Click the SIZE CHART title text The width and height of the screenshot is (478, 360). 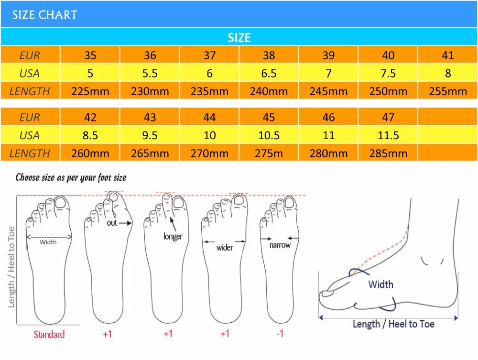(44, 15)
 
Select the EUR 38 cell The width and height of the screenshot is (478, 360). (269, 55)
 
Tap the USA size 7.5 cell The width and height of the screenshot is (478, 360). (388, 74)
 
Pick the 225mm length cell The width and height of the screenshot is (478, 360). (90, 91)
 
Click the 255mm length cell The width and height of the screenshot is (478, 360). (448, 91)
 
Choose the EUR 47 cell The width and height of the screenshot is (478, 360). (388, 118)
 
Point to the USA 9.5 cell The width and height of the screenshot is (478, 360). (150, 136)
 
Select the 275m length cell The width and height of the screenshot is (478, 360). (269, 153)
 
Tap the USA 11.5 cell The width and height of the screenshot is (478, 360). (388, 136)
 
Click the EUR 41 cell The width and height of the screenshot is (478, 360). (448, 55)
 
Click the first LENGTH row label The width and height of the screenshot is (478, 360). (30, 91)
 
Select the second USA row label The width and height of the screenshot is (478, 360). (30, 136)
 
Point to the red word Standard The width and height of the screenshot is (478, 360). (49, 334)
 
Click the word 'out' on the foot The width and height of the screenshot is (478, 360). (111, 223)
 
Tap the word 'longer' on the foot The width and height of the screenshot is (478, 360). (173, 236)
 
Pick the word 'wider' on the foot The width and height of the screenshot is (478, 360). (225, 247)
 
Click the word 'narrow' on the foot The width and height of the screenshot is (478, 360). (280, 245)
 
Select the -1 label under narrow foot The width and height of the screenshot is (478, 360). (280, 334)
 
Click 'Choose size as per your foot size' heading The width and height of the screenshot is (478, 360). (71, 178)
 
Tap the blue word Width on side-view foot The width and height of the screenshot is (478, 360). (380, 284)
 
